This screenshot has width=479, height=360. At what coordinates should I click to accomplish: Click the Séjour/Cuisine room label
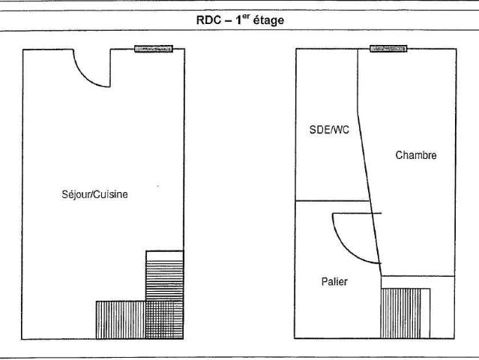94,194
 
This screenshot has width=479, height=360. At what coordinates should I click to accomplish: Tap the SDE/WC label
329,130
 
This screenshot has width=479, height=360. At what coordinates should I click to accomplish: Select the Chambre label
416,155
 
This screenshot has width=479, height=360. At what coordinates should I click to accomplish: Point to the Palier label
334,281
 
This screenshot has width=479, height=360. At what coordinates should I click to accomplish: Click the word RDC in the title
208,20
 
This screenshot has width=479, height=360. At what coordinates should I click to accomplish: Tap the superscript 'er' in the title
246,17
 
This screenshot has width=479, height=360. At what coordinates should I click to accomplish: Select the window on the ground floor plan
154,49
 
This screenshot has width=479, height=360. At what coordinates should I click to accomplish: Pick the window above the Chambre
388,49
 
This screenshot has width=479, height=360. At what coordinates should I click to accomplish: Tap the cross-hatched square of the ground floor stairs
164,319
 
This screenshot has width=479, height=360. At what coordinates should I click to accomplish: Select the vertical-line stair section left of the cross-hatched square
121,319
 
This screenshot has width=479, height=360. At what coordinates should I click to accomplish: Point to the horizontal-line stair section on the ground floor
164,280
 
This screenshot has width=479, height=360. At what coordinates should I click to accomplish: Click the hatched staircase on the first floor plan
400,313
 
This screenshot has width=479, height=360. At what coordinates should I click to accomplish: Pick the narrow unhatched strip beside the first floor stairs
425,313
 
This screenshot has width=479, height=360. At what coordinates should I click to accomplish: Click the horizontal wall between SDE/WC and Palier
332,201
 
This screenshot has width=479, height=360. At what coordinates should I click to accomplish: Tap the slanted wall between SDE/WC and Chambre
370,193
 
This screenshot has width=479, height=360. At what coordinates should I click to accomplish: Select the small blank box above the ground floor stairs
165,256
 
